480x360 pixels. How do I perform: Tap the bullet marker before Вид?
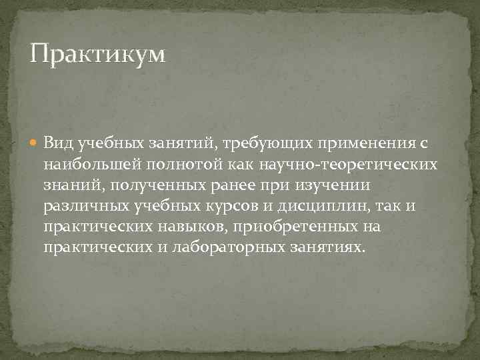pos(35,143)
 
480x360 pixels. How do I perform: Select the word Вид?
pos(57,143)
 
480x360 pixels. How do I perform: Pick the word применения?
pos(359,143)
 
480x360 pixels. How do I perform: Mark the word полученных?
pos(146,185)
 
